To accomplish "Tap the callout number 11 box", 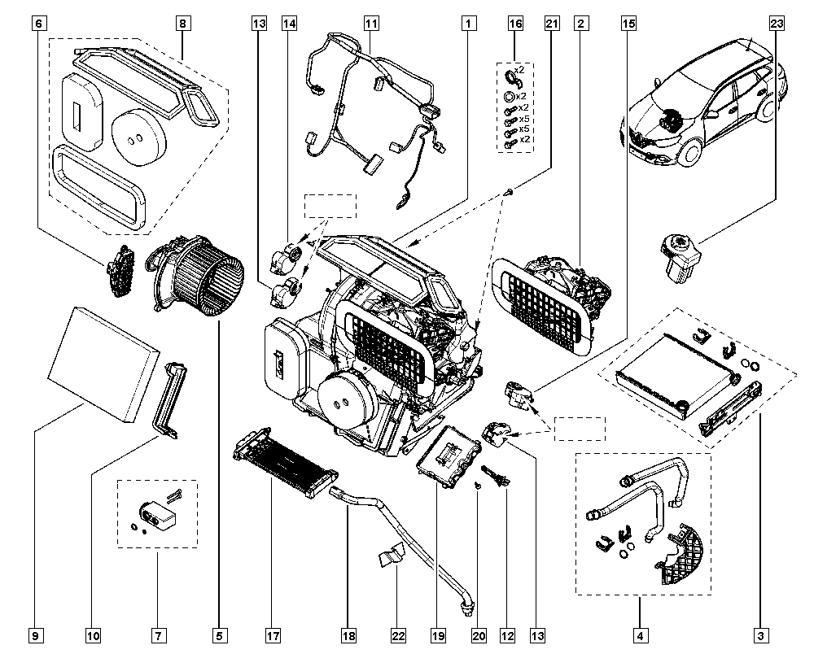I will [371, 24].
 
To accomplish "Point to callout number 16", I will [514, 24].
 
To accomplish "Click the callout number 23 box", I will [776, 24].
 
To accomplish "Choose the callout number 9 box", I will [35, 634].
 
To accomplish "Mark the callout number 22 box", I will [397, 634].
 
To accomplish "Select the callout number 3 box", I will [760, 634].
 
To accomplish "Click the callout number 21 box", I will [551, 24].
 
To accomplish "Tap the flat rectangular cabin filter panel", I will [102, 362].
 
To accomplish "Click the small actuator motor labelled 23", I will [680, 254].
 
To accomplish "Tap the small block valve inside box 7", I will [159, 512].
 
